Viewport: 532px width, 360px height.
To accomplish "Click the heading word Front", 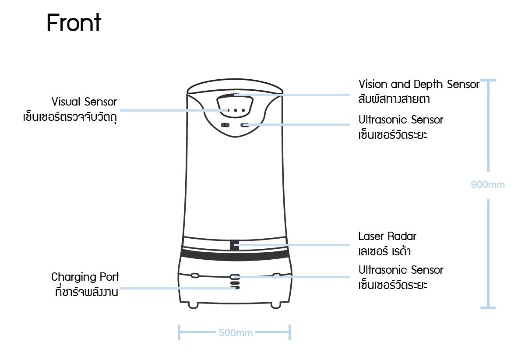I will [74, 23].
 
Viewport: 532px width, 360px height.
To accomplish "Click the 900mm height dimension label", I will [488, 185].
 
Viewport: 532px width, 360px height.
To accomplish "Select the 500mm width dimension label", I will [236, 333].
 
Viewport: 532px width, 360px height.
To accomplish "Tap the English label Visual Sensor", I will [85, 102].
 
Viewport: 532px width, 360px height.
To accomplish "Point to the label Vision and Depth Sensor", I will [419, 84].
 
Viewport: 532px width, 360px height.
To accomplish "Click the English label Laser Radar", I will [387, 236].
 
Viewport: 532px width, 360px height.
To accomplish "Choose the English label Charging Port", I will [85, 277].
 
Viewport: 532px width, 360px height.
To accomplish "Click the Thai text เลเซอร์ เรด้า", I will [384, 252].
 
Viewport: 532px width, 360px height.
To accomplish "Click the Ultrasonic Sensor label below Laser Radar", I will [401, 270].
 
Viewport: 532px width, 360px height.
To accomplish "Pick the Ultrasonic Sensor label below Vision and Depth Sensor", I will [401, 120].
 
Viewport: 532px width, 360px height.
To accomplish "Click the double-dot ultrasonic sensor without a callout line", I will [225, 125].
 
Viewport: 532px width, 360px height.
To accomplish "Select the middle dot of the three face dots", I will [236, 110].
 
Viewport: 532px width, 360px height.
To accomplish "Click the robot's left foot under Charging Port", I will [193, 305].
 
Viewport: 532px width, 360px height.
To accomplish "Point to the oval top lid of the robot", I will [235, 87].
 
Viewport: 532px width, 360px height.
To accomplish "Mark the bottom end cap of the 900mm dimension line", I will [488, 307].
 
